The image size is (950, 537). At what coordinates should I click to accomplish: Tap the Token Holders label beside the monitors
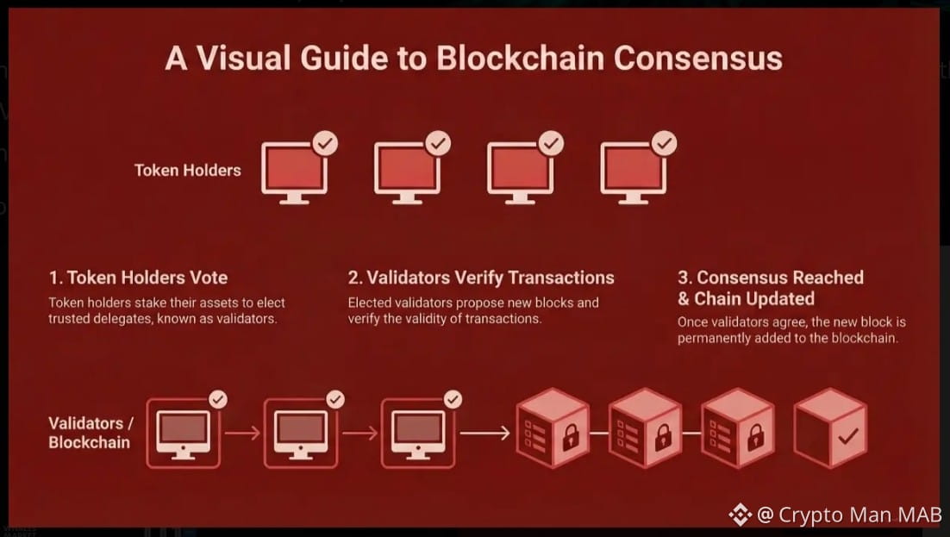tap(187, 170)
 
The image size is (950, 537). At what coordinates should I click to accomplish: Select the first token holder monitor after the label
tap(294, 172)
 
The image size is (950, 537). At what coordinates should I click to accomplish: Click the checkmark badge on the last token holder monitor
tap(664, 143)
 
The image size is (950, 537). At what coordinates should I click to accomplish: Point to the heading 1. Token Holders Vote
tap(138, 278)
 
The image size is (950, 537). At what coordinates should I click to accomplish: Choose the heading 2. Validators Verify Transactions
tap(481, 278)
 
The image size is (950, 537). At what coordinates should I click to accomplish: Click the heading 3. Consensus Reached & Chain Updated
tap(770, 288)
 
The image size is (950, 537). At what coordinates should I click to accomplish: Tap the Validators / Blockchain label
tap(90, 433)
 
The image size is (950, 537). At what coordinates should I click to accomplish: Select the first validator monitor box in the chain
tap(182, 434)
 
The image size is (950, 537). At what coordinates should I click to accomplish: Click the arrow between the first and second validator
tap(242, 434)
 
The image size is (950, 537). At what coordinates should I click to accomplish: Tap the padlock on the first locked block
tap(571, 437)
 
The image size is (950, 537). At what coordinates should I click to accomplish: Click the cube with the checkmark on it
tap(829, 429)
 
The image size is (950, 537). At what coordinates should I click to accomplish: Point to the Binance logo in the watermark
tap(740, 515)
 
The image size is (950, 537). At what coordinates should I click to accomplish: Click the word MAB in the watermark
tap(918, 515)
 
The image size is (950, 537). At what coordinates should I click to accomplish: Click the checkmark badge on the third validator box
tap(453, 399)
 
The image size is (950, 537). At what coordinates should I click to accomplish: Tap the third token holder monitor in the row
tap(519, 172)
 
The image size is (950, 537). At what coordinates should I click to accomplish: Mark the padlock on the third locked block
tap(756, 437)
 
